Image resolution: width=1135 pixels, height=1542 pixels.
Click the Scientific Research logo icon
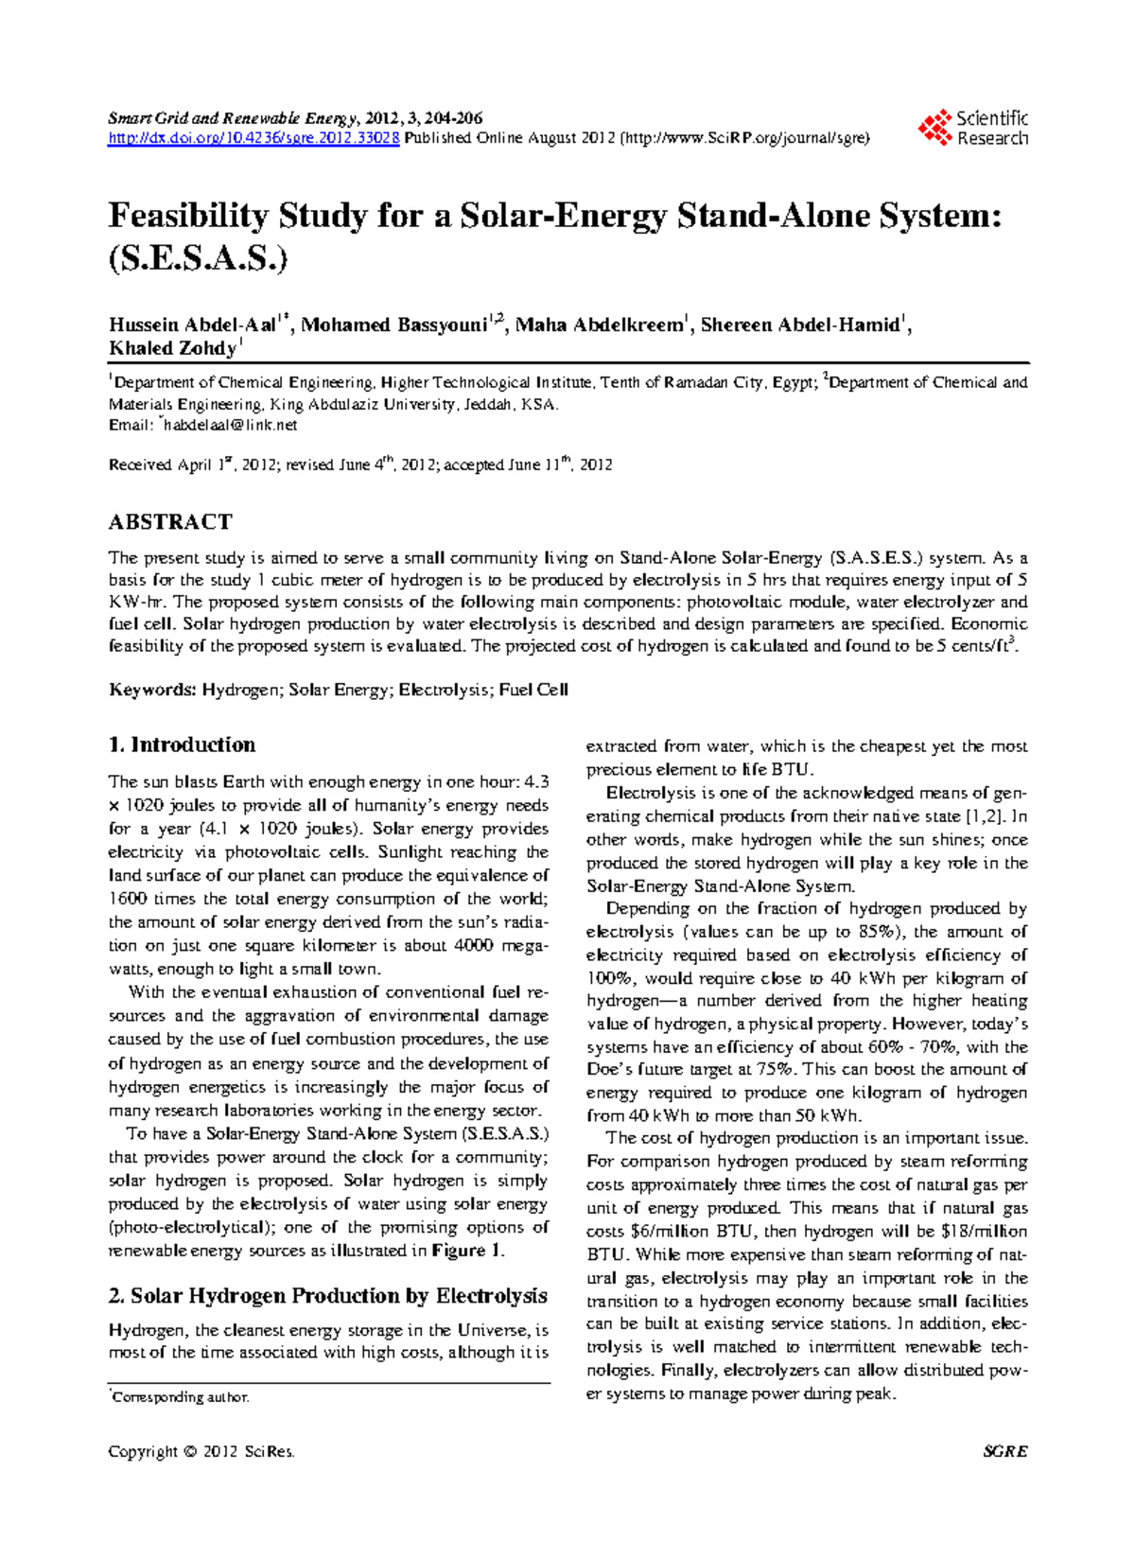point(935,128)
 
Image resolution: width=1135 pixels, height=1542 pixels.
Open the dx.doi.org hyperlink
point(253,138)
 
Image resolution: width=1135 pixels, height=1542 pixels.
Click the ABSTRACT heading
point(170,522)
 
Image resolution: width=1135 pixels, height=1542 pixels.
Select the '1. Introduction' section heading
point(182,745)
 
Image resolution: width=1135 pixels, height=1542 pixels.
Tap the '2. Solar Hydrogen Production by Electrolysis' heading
point(327,1295)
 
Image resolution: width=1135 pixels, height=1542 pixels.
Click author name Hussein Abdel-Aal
point(192,325)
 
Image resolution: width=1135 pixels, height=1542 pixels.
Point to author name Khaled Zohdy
point(172,349)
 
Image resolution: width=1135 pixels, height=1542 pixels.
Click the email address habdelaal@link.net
point(231,426)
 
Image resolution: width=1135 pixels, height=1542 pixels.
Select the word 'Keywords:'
point(152,690)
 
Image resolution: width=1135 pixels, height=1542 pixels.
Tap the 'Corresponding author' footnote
point(181,1397)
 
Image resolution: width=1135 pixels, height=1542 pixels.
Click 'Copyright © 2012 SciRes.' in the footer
point(201,1451)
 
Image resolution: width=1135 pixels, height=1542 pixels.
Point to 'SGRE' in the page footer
point(1004,1451)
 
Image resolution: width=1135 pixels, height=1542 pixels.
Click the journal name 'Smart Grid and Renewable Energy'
point(232,118)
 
